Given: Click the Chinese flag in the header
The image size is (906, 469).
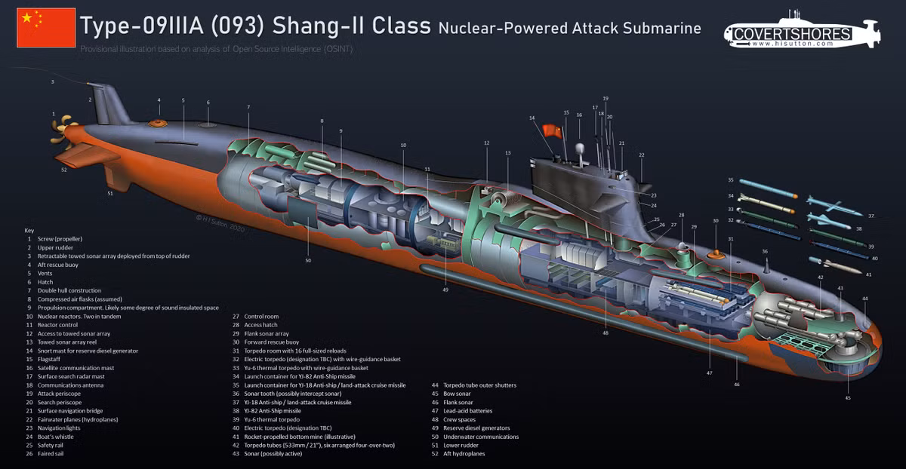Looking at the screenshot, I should pyautogui.click(x=46, y=28).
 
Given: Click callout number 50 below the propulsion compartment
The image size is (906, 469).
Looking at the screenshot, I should pyautogui.click(x=308, y=260).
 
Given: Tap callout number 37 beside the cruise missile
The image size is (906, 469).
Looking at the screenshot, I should pyautogui.click(x=871, y=216).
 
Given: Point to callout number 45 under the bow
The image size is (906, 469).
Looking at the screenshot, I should pyautogui.click(x=848, y=397).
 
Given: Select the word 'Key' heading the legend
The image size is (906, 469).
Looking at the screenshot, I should pyautogui.click(x=29, y=229).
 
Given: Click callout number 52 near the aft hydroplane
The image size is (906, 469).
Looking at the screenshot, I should pyautogui.click(x=64, y=170).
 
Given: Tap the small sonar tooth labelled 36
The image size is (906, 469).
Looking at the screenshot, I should pyautogui.click(x=766, y=264).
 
